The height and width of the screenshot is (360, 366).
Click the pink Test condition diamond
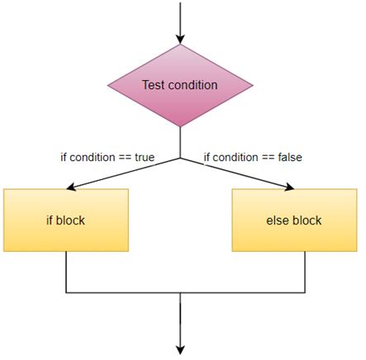click(x=180, y=85)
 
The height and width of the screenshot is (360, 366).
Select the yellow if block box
click(x=66, y=220)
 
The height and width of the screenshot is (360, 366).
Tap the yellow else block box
click(x=293, y=220)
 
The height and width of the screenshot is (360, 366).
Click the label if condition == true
click(x=107, y=156)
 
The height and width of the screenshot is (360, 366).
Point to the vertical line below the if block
click(x=66, y=272)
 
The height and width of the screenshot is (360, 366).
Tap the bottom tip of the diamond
click(x=180, y=126)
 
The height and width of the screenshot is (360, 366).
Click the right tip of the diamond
click(x=251, y=85)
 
